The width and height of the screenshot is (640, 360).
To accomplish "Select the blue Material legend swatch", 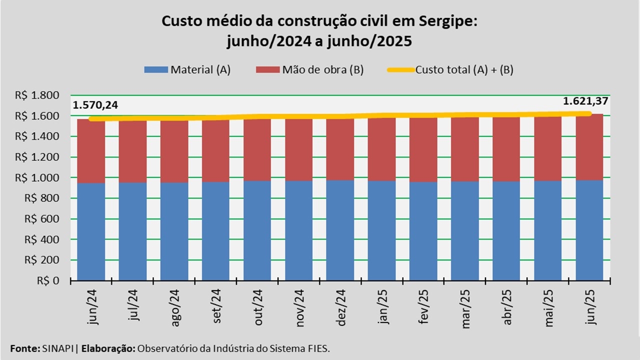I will coord(156,70).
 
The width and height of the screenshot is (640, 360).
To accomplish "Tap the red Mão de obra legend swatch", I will coord(268,70).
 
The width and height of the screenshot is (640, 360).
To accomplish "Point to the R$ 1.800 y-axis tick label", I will coord(44,95).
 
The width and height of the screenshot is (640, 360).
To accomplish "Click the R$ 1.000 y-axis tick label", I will coord(44,177).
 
